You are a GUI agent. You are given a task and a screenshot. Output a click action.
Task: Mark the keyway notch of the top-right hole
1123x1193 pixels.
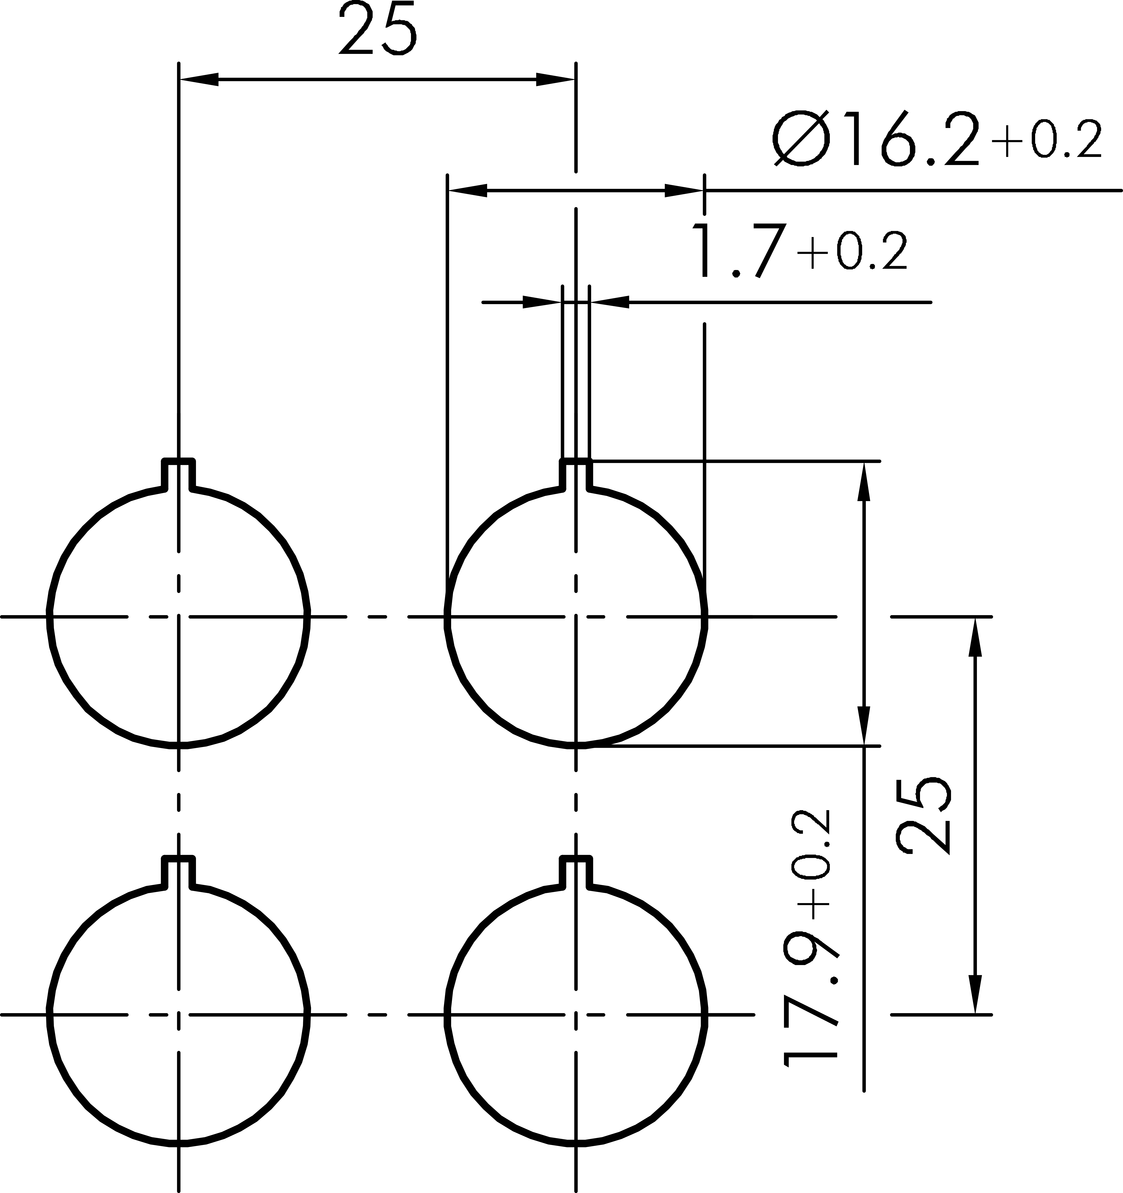pos(576,474)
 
